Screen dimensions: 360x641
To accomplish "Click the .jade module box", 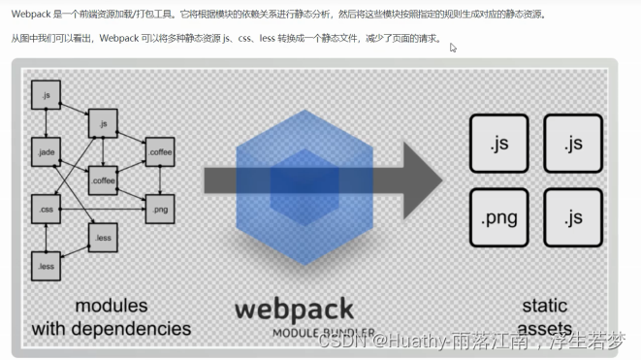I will coord(45,152).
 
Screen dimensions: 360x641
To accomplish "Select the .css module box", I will coord(45,209).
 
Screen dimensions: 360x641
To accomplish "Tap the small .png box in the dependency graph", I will coord(158,209).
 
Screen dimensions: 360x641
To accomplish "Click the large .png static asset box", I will coord(497,217).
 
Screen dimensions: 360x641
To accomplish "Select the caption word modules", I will coord(112,307).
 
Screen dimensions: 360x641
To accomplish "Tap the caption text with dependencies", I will coord(112,329).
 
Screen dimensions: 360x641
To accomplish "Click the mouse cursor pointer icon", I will coord(453,48).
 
